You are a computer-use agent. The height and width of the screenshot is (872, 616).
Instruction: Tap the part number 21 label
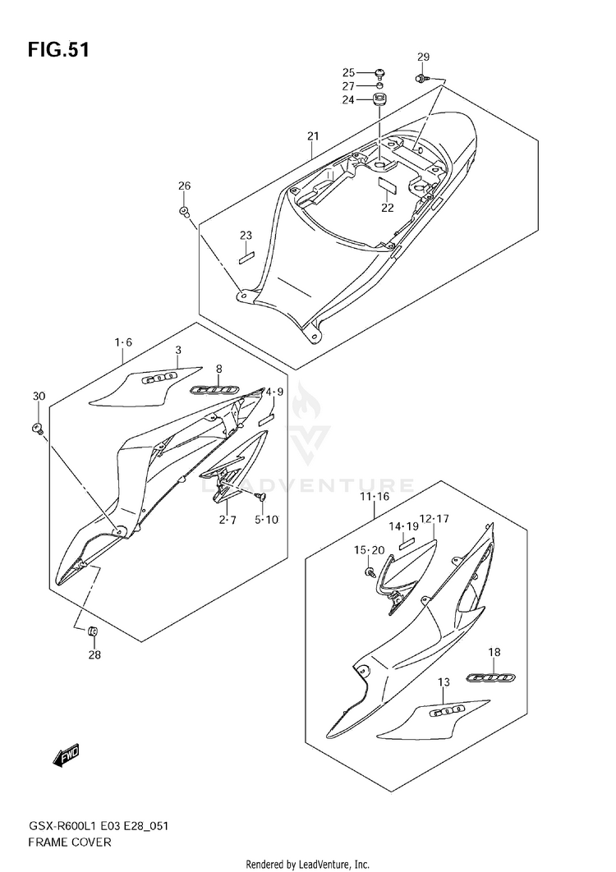pos(312,135)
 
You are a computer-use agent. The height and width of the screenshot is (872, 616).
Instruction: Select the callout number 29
pos(423,57)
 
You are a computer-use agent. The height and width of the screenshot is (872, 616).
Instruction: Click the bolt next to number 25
pos(380,73)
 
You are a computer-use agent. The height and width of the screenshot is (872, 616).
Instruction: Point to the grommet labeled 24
pos(380,101)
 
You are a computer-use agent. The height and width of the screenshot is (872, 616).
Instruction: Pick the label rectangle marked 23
pos(246,255)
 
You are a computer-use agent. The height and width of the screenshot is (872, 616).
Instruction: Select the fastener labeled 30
pos(38,426)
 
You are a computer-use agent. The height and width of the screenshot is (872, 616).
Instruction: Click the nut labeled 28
pos(93,631)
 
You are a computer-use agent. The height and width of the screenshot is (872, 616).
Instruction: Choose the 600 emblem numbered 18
pos(490,677)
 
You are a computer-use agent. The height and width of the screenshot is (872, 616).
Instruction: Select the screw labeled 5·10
pos(260,498)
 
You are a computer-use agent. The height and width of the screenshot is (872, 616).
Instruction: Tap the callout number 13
pos(444,682)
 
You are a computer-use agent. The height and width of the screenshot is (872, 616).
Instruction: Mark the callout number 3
pos(177,351)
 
